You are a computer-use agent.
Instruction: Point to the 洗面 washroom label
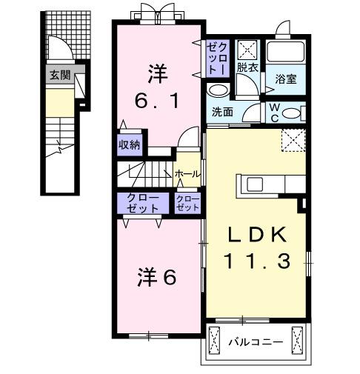(222, 113)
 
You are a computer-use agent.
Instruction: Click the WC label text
(274, 112)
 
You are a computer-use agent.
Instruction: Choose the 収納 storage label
(129, 144)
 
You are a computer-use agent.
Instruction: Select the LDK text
(256, 235)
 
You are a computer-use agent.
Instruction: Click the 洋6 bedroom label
(156, 278)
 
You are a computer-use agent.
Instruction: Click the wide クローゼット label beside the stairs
(142, 204)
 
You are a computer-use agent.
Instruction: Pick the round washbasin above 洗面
(217, 90)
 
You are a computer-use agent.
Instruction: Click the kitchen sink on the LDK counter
(253, 184)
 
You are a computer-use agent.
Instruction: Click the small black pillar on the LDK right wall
(302, 202)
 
